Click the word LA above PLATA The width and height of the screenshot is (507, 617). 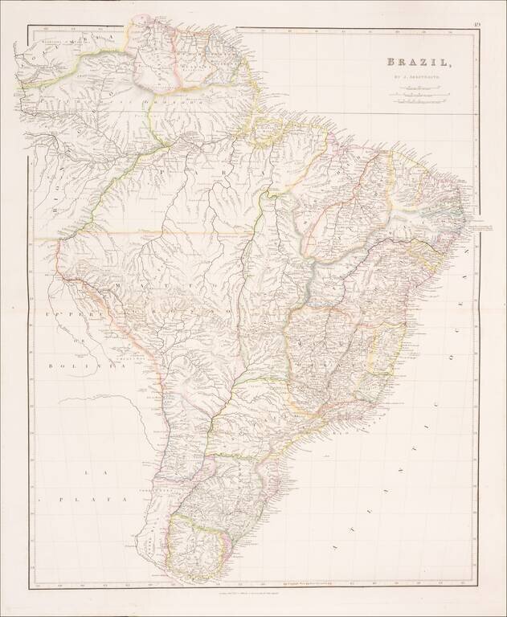pos(88,473)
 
